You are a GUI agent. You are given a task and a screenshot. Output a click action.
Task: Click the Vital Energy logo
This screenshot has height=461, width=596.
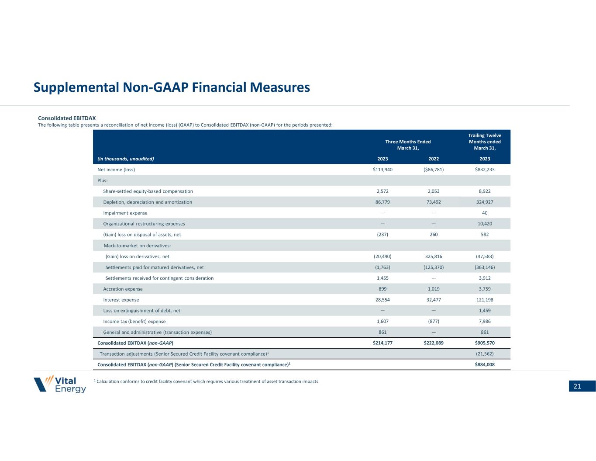point(60,384)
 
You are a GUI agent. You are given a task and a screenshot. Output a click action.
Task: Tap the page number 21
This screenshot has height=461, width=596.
point(577,386)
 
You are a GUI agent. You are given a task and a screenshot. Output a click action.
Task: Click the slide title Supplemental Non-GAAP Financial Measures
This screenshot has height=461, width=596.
point(172,88)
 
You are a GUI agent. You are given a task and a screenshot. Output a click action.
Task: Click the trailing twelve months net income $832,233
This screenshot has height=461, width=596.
point(485,170)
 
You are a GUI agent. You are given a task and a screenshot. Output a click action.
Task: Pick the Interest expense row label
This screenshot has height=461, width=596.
point(121,300)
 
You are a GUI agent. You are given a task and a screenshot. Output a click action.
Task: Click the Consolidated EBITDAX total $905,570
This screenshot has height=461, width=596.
point(485,343)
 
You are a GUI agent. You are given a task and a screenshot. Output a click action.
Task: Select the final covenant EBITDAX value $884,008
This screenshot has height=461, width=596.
point(485,364)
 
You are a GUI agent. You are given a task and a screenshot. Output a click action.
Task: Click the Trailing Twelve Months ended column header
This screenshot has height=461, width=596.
point(485,142)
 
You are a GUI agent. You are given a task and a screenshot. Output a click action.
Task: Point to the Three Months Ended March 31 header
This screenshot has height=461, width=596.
point(408,145)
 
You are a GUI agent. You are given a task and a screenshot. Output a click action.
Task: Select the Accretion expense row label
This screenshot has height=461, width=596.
point(123,289)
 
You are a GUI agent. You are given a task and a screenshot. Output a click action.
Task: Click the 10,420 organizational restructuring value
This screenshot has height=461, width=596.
point(485,224)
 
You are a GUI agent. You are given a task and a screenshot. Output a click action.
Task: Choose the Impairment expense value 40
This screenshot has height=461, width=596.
point(485,213)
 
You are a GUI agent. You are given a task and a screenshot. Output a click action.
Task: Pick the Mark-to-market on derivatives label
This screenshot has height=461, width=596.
point(137,246)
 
